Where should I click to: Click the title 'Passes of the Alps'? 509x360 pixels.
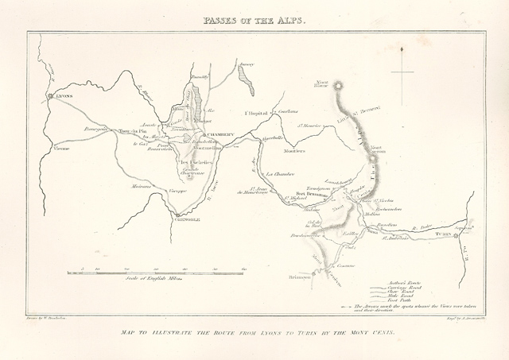[x=254, y=20]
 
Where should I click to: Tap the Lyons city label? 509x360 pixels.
[x=64, y=96]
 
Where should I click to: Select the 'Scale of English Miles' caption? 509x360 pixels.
[x=154, y=279]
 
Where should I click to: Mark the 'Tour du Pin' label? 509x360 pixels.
[x=128, y=132]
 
